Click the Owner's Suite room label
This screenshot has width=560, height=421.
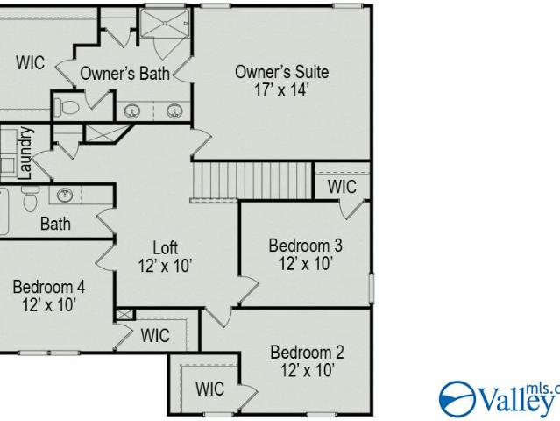[282, 72]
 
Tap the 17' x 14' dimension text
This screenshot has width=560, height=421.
[281, 89]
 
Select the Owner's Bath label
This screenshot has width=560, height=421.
[124, 74]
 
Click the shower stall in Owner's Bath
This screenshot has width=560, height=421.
[165, 23]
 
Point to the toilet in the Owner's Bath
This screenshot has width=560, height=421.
[67, 106]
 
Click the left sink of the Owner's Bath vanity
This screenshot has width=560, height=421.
[132, 111]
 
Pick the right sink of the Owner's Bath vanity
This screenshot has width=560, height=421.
[174, 111]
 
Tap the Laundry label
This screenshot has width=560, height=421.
[25, 153]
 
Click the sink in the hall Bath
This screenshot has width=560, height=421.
[65, 195]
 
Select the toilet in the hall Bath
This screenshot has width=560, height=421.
[30, 199]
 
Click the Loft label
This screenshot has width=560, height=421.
[165, 247]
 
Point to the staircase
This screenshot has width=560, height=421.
[252, 181]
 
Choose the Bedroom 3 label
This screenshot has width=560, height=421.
[305, 246]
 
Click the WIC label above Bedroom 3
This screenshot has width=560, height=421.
[342, 187]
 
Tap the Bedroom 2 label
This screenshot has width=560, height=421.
[307, 353]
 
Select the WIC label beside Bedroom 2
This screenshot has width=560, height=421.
[210, 389]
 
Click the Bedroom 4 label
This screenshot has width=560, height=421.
[49, 287]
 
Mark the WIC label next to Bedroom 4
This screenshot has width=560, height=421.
[155, 336]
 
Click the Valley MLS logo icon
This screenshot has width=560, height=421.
[457, 399]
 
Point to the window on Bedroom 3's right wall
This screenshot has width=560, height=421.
[372, 289]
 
